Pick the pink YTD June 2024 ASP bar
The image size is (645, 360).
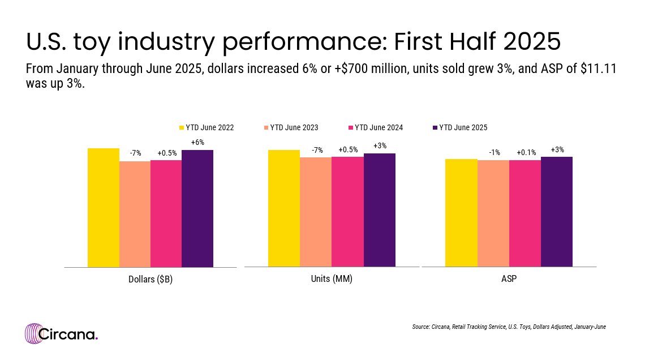pyautogui.click(x=525, y=213)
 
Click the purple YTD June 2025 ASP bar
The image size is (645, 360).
pyautogui.click(x=557, y=212)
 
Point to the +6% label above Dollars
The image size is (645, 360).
pyautogui.click(x=197, y=143)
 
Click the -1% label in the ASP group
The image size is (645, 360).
pyautogui.click(x=493, y=153)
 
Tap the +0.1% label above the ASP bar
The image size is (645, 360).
pyautogui.click(x=525, y=153)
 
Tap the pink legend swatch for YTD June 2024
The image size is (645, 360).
pyautogui.click(x=351, y=127)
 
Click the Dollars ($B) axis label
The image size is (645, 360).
pyautogui.click(x=150, y=279)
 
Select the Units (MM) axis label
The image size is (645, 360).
pyautogui.click(x=332, y=279)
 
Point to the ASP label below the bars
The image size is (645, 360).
pyautogui.click(x=509, y=279)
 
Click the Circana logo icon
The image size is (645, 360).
pyautogui.click(x=34, y=333)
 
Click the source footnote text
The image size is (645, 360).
pyautogui.click(x=509, y=327)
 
